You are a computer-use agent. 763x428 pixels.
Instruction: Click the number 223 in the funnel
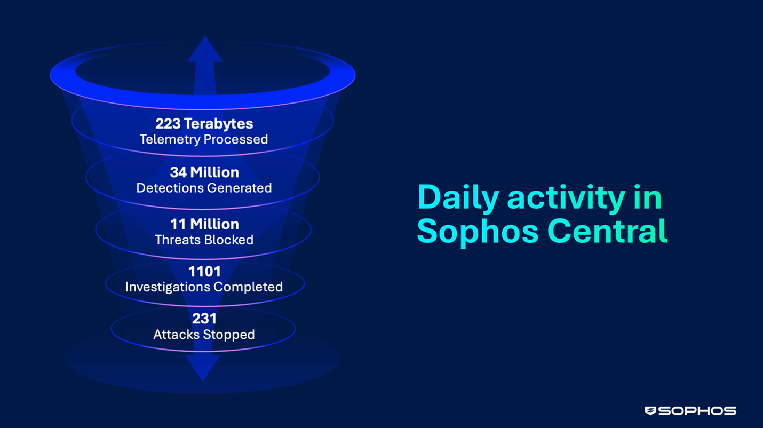click(168, 124)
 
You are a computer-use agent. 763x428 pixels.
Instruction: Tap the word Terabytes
click(218, 124)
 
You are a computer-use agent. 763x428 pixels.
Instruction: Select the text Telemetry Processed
click(203, 140)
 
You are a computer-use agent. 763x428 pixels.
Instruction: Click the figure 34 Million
click(204, 172)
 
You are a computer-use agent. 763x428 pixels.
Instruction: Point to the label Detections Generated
click(204, 188)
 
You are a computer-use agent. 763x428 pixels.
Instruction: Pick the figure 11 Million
click(204, 224)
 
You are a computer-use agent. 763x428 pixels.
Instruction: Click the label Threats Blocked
click(204, 240)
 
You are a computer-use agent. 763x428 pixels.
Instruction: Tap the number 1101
click(204, 272)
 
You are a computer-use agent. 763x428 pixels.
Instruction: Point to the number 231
click(204, 319)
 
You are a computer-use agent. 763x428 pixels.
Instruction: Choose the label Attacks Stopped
click(204, 335)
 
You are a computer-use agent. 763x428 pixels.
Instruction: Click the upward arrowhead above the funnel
click(205, 50)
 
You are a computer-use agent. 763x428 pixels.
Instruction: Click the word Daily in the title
click(458, 199)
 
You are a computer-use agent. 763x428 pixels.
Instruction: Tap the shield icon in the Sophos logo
click(650, 411)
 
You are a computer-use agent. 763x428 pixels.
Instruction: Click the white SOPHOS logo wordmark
click(697, 411)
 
